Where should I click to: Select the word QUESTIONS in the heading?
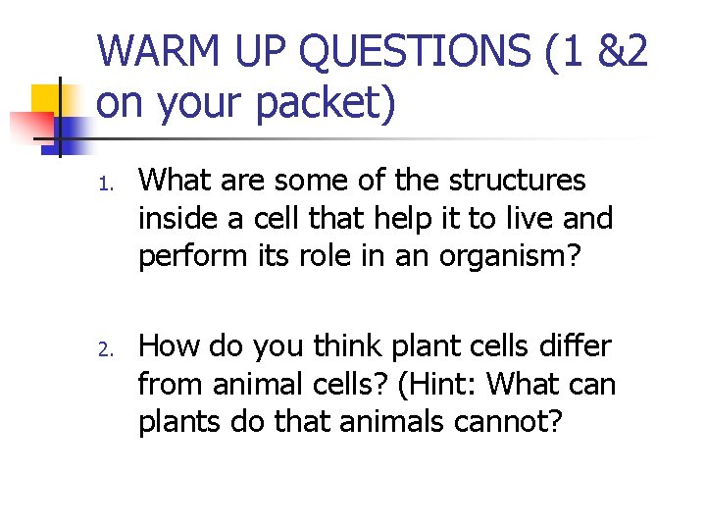(x=391, y=51)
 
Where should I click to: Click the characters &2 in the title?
(x=621, y=51)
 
